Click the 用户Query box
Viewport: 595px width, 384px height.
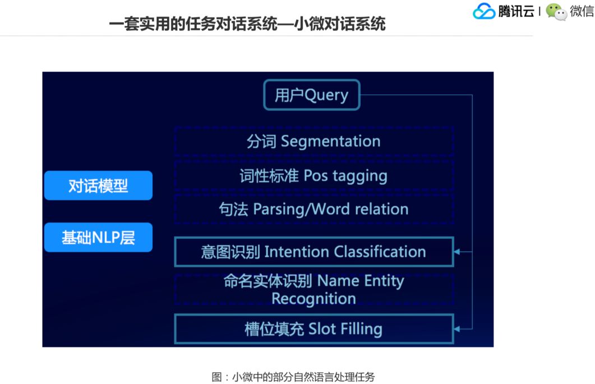[311, 95]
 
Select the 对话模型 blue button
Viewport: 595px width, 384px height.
[98, 186]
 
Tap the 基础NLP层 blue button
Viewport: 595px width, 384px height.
[98, 237]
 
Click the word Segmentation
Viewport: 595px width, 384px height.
[330, 141]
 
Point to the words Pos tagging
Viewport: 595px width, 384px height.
[345, 176]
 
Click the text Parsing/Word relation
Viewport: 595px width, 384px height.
[331, 210]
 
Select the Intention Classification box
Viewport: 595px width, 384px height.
[313, 252]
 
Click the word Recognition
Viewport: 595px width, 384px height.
[313, 299]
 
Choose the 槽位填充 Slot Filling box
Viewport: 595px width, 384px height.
[313, 329]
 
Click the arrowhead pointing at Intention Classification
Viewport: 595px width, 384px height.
[457, 252]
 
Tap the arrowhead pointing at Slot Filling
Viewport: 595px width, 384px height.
[457, 329]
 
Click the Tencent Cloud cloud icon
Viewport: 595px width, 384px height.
[483, 11]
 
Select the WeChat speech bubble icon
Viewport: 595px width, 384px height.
[556, 12]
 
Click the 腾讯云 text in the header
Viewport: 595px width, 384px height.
[516, 11]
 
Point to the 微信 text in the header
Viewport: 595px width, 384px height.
[582, 11]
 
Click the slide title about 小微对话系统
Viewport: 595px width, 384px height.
[247, 24]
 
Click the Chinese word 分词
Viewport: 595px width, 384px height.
[261, 141]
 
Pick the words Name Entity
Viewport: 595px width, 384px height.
[361, 281]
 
